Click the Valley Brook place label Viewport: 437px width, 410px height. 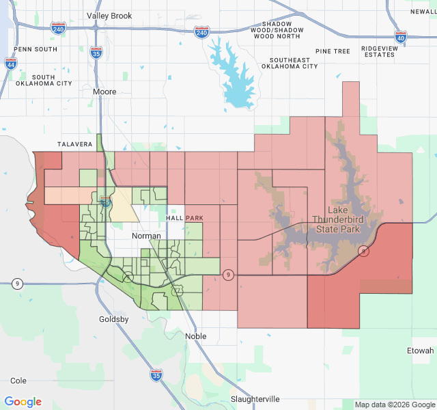[109, 15]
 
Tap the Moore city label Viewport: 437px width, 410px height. [104, 92]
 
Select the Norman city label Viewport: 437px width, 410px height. [146, 236]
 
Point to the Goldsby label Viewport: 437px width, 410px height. [114, 319]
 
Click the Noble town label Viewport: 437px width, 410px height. [195, 336]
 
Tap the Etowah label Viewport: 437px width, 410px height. [420, 351]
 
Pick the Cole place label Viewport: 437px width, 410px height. [18, 381]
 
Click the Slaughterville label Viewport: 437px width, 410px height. [255, 399]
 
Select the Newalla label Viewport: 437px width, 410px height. [423, 12]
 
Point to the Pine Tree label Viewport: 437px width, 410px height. [333, 51]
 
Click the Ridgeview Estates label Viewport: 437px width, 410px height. [378, 51]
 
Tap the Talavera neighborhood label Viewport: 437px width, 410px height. [75, 144]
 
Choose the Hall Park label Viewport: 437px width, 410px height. [184, 217]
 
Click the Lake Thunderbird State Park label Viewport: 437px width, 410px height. [343, 219]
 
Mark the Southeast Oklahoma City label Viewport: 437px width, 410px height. [290, 64]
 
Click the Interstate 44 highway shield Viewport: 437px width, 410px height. [10, 64]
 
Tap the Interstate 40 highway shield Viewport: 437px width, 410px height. [401, 38]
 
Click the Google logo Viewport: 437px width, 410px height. [23, 402]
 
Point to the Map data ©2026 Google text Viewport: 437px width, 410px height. [394, 405]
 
